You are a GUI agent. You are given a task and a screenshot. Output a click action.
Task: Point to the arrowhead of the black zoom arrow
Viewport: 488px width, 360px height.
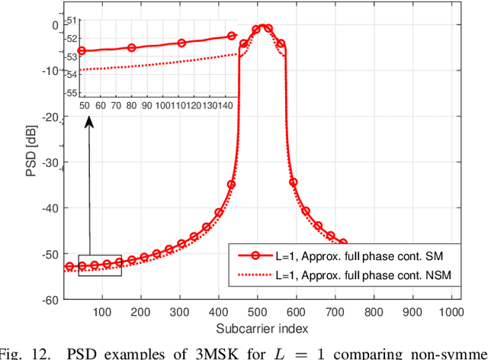[89, 120]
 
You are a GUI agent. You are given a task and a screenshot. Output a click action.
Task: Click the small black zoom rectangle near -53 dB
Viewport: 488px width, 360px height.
[99, 265]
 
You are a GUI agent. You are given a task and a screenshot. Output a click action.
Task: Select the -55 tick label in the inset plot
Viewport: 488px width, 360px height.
[69, 92]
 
